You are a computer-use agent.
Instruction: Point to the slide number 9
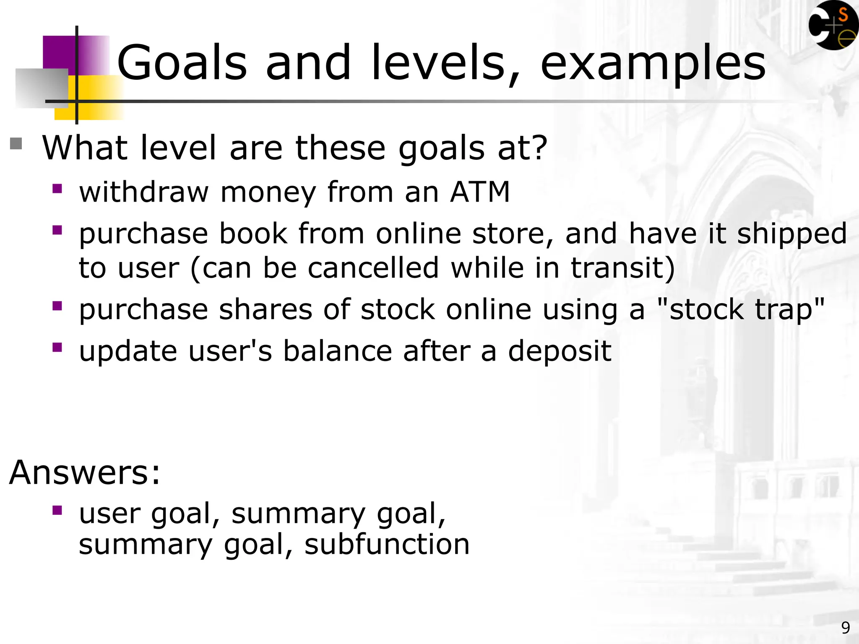pyautogui.click(x=845, y=628)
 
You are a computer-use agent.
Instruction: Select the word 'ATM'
pyautogui.click(x=479, y=192)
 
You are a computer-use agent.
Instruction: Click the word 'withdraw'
pyautogui.click(x=143, y=192)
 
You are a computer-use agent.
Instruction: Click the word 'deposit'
pyautogui.click(x=560, y=351)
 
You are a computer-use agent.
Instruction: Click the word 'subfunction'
pyautogui.click(x=387, y=544)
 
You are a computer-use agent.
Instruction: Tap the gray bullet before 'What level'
pyautogui.click(x=16, y=144)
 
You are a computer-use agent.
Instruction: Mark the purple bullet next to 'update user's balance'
pyautogui.click(x=57, y=347)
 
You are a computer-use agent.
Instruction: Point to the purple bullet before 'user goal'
pyautogui.click(x=57, y=510)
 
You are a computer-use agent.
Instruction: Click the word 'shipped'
pyautogui.click(x=792, y=234)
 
